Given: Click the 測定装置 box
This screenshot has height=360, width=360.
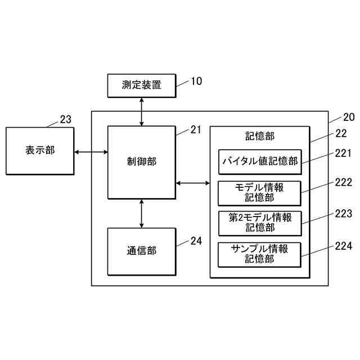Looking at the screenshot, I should tap(141, 85).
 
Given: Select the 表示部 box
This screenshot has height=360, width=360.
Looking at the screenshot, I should tap(40, 151).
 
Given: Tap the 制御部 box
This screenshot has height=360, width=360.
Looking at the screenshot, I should tap(141, 162).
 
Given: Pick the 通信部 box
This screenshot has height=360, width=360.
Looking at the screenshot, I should tap(141, 251).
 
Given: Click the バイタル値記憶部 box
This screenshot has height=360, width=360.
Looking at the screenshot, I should tap(259, 162).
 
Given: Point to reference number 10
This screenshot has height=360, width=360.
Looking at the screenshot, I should tap(196, 81).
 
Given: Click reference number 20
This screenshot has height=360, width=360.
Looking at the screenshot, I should tap(349, 118).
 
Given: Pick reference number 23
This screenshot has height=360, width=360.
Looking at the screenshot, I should tap(66, 119).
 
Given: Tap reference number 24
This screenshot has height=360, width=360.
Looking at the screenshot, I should tap(196, 241).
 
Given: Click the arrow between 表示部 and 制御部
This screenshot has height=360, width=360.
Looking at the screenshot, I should tap(91, 151).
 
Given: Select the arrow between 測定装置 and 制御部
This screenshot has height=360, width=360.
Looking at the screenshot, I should tap(141, 111).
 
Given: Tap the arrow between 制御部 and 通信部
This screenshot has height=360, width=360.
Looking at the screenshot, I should tap(141, 213).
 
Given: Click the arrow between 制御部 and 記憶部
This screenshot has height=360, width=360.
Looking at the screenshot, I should tap(192, 183).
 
